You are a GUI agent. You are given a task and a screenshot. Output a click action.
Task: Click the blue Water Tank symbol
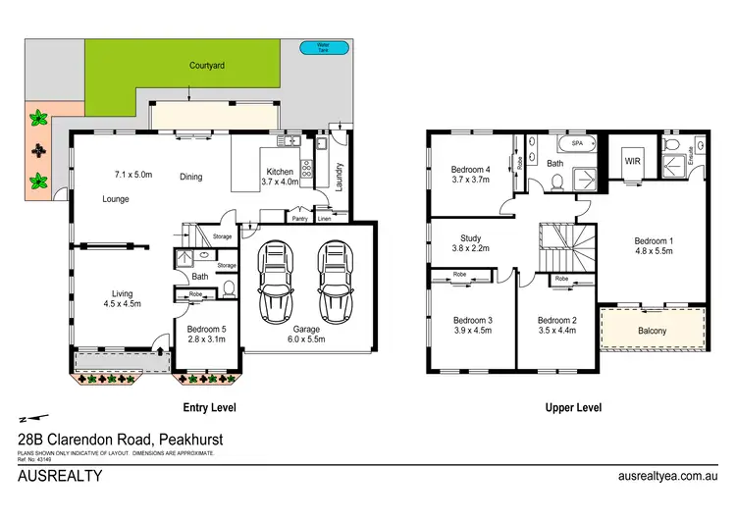316,46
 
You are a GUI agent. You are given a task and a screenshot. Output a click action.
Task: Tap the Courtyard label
207,67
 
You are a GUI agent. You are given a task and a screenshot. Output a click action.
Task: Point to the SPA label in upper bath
550,143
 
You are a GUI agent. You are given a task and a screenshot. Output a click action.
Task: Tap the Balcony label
652,331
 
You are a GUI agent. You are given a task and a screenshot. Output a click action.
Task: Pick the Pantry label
299,219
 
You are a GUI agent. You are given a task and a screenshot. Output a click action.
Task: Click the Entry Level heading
209,407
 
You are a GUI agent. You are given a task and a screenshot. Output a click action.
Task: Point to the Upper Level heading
574,407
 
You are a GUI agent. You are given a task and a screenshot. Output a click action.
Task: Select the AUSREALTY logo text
60,476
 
